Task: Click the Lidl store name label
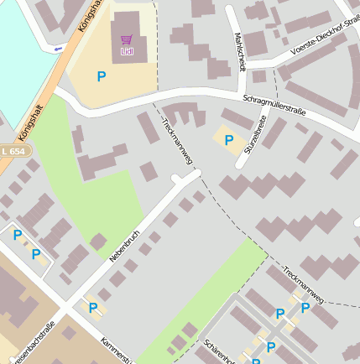[x=127, y=52]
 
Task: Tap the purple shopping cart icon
[x=127, y=39]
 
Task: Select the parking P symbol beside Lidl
[x=102, y=76]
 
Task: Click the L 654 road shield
[x=14, y=150]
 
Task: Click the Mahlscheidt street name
[x=240, y=52]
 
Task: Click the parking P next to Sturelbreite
[x=228, y=139]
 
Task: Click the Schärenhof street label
[x=218, y=351]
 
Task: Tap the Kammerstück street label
[x=116, y=351]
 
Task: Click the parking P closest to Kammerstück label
[x=92, y=309]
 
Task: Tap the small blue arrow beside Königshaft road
[x=58, y=49]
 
